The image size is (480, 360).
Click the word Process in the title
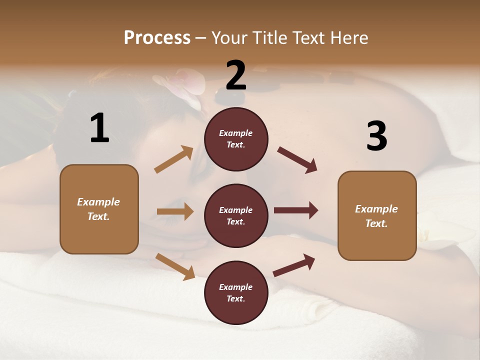click(157, 38)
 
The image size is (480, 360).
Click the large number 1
click(99, 128)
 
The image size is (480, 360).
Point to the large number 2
click(236, 75)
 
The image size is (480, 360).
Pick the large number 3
click(376, 136)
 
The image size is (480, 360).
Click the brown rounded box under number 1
click(99, 209)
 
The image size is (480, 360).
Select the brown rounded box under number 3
click(377, 215)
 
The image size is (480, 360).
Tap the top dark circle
click(236, 139)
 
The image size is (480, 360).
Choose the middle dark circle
click(236, 215)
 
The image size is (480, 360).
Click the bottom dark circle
click(236, 292)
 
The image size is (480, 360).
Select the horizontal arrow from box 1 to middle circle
click(175, 211)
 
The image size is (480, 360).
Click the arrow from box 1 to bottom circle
click(175, 266)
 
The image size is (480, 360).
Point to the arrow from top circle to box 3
click(297, 160)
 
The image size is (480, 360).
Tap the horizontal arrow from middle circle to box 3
click(296, 210)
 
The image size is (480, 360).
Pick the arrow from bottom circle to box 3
click(294, 265)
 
